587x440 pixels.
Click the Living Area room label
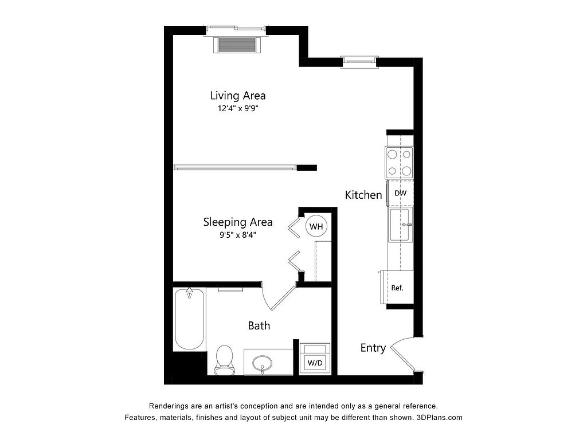coord(238,96)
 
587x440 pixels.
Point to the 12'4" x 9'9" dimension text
coord(238,109)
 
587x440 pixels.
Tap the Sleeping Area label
coord(238,222)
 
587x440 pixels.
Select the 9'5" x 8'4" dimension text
coord(238,235)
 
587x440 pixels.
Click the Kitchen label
coord(363,195)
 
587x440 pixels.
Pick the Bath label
coord(259,325)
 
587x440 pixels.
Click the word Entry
coord(373,348)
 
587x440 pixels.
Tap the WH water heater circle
coord(316,226)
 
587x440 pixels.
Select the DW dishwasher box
coord(400,193)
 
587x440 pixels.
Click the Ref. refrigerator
coord(397,288)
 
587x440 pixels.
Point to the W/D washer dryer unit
coord(315,357)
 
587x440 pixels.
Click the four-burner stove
coord(400,163)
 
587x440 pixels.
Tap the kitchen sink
coord(401,225)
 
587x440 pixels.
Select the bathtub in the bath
coord(189,319)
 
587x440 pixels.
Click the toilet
coord(224,360)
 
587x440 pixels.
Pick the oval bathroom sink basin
coord(262,363)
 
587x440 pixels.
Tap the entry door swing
coord(404,353)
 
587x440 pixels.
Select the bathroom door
coord(279,297)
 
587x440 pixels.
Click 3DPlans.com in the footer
coord(440,417)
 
